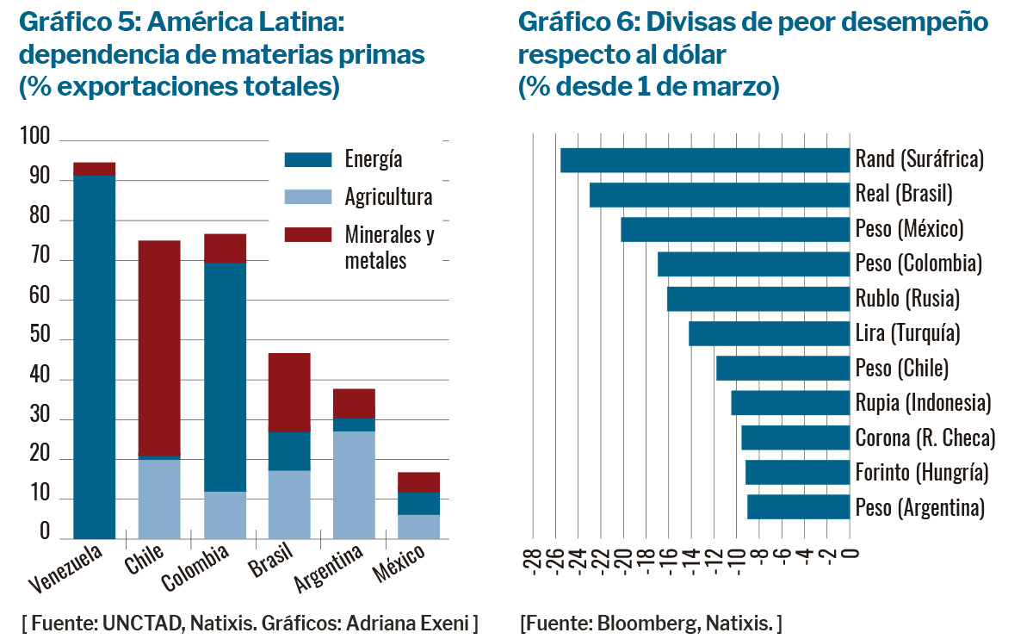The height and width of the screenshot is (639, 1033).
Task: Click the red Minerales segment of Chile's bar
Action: tap(159, 348)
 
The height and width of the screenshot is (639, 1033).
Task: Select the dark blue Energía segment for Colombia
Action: tap(225, 376)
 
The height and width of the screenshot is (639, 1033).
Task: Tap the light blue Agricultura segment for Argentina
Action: tap(354, 484)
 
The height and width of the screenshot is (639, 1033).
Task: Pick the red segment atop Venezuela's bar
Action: tap(94, 169)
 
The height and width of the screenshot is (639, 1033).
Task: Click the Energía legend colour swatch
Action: tap(307, 159)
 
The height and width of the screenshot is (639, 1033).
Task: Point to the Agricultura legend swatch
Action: tap(307, 197)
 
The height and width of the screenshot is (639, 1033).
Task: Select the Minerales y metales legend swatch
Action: tap(307, 234)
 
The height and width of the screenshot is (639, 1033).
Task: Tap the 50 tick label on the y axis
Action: tap(40, 340)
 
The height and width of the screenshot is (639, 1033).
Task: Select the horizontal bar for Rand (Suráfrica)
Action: tap(705, 160)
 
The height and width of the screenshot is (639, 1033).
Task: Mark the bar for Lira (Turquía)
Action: tap(769, 333)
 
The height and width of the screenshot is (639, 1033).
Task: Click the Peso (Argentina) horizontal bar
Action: tap(798, 507)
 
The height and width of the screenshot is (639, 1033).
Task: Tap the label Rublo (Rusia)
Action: tap(906, 299)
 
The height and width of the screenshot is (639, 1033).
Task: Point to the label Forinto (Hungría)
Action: tap(921, 473)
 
